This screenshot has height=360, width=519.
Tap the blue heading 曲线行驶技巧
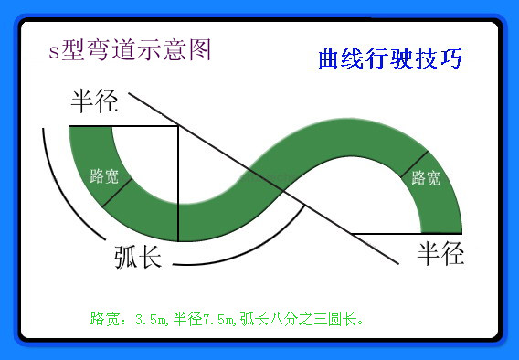[389, 59]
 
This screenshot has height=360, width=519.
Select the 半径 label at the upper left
[94, 101]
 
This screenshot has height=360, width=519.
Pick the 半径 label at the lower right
[440, 252]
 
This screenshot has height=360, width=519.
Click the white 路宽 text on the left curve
[104, 175]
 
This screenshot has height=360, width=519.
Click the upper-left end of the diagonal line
[130, 93]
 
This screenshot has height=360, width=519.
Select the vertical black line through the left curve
[178, 183]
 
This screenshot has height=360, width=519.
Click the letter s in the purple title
[54, 51]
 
